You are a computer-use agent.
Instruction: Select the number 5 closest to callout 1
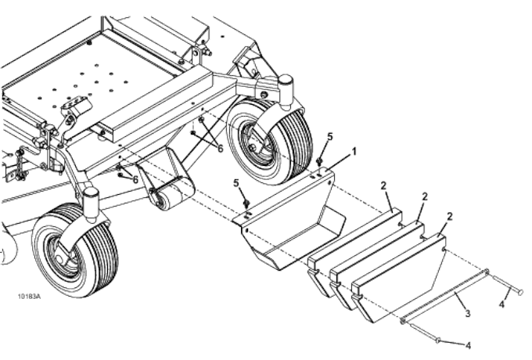329,137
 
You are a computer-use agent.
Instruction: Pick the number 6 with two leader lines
220,147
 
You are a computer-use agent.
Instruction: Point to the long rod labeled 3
446,295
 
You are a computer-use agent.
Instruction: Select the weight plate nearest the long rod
399,286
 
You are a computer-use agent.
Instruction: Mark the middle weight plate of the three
376,258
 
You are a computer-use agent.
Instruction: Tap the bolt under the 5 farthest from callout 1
246,205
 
